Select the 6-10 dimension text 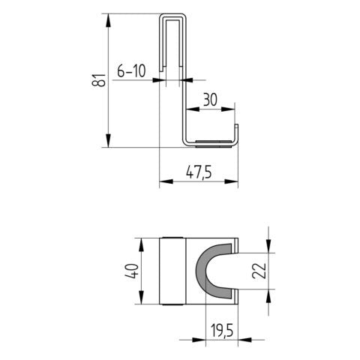click(x=131, y=71)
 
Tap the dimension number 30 click(x=211, y=98)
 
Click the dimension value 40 click(x=130, y=271)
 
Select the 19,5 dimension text click(x=223, y=330)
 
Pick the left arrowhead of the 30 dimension click(x=188, y=109)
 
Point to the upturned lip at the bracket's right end click(x=237, y=133)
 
